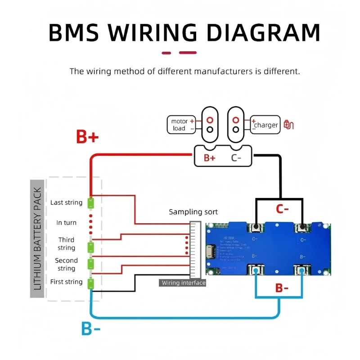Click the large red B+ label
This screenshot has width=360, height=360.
click(87, 137)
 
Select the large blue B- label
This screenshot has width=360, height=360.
click(91, 329)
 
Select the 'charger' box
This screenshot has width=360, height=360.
click(265, 125)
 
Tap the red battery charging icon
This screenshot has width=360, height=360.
click(289, 125)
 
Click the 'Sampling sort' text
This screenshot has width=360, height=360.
click(193, 211)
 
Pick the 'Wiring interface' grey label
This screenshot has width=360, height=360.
click(183, 283)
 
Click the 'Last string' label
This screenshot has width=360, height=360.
click(66, 202)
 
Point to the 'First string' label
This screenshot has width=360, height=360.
click(66, 282)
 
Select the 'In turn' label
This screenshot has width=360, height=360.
click(66, 222)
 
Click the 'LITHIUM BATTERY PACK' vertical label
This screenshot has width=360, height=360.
click(37, 238)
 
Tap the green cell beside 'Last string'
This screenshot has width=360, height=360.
click(90, 203)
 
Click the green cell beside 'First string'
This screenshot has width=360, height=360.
click(90, 283)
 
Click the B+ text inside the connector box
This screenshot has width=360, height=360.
click(210, 158)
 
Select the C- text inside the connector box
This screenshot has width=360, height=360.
click(237, 158)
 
